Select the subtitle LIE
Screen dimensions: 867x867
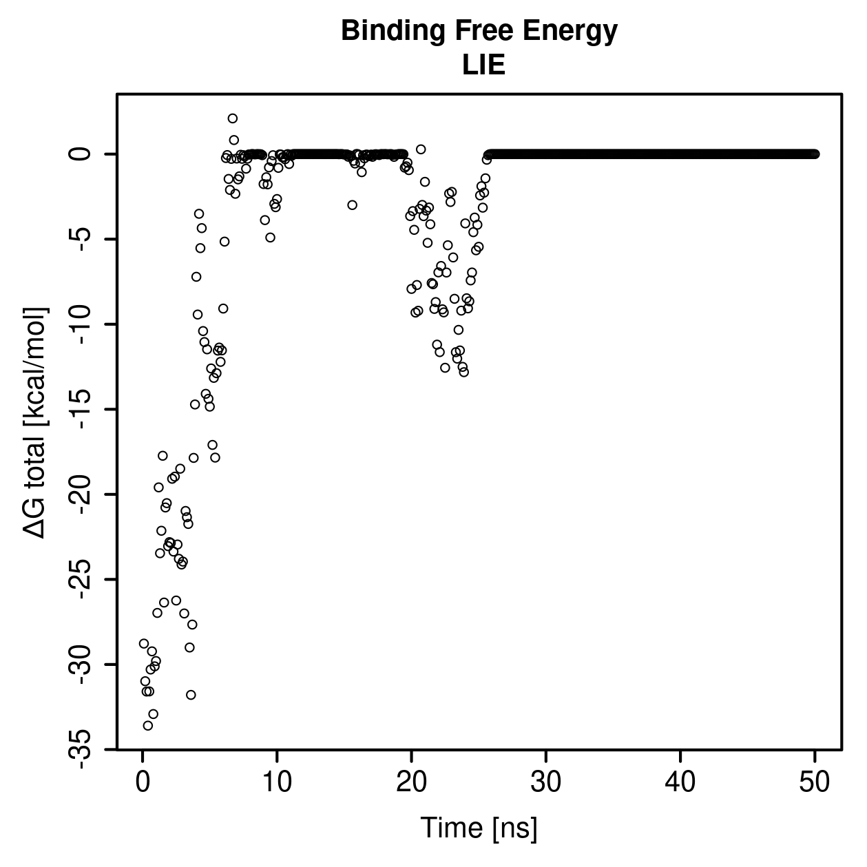click(483, 65)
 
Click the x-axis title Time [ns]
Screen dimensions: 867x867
click(479, 828)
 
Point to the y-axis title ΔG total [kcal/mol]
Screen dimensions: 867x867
click(35, 423)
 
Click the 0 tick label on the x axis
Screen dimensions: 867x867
click(143, 782)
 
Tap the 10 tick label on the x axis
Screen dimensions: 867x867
click(277, 782)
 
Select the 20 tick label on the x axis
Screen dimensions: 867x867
click(411, 782)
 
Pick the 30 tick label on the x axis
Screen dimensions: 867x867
click(546, 782)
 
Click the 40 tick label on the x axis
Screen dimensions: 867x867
click(680, 782)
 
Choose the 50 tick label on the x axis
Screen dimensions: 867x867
click(815, 782)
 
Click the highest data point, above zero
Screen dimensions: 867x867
click(233, 118)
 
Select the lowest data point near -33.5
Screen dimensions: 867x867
click(148, 725)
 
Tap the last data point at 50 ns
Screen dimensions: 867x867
click(815, 154)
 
